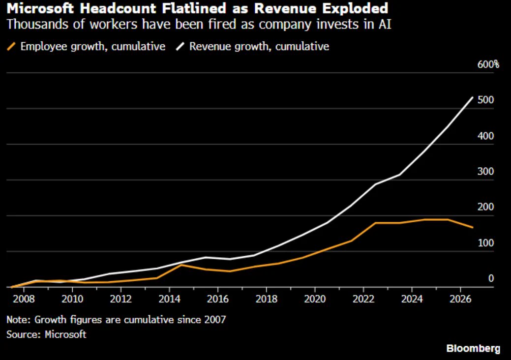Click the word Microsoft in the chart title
(x=40, y=8)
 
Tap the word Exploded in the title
(x=355, y=8)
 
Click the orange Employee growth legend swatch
(x=11, y=47)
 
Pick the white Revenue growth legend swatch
(x=180, y=47)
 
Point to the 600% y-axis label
(x=488, y=64)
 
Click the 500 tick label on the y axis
(x=485, y=100)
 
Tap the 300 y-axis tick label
(x=485, y=171)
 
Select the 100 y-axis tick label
(x=485, y=243)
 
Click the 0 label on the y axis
(x=491, y=278)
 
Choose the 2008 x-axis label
(x=24, y=299)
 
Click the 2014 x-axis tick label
(x=170, y=299)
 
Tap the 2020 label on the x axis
(x=315, y=299)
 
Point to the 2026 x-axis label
(x=460, y=299)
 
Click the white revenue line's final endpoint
(x=473, y=97)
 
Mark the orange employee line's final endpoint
(x=473, y=227)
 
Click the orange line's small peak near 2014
(x=181, y=265)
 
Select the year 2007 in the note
(x=215, y=320)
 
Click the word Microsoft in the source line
(x=65, y=334)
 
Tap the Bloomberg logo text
(x=473, y=348)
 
